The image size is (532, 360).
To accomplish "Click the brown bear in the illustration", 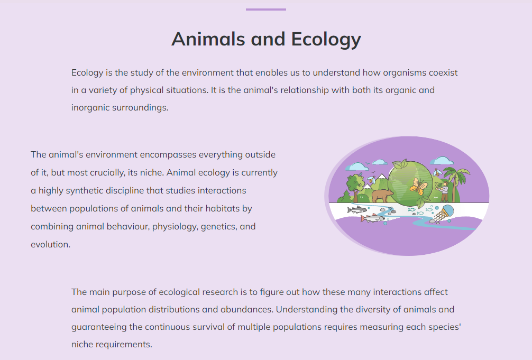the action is pyautogui.click(x=383, y=196).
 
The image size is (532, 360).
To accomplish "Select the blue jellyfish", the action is pyautogui.click(x=444, y=214).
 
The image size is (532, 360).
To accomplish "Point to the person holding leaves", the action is pyautogui.click(x=444, y=191).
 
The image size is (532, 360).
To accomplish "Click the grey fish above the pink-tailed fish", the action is pyautogui.click(x=357, y=210).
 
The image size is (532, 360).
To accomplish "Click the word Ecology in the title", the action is pyautogui.click(x=326, y=39).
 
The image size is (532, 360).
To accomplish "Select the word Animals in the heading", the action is pyautogui.click(x=208, y=39).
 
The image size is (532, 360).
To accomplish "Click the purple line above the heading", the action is pyautogui.click(x=266, y=10).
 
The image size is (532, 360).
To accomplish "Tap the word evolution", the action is pyautogui.click(x=51, y=244).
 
